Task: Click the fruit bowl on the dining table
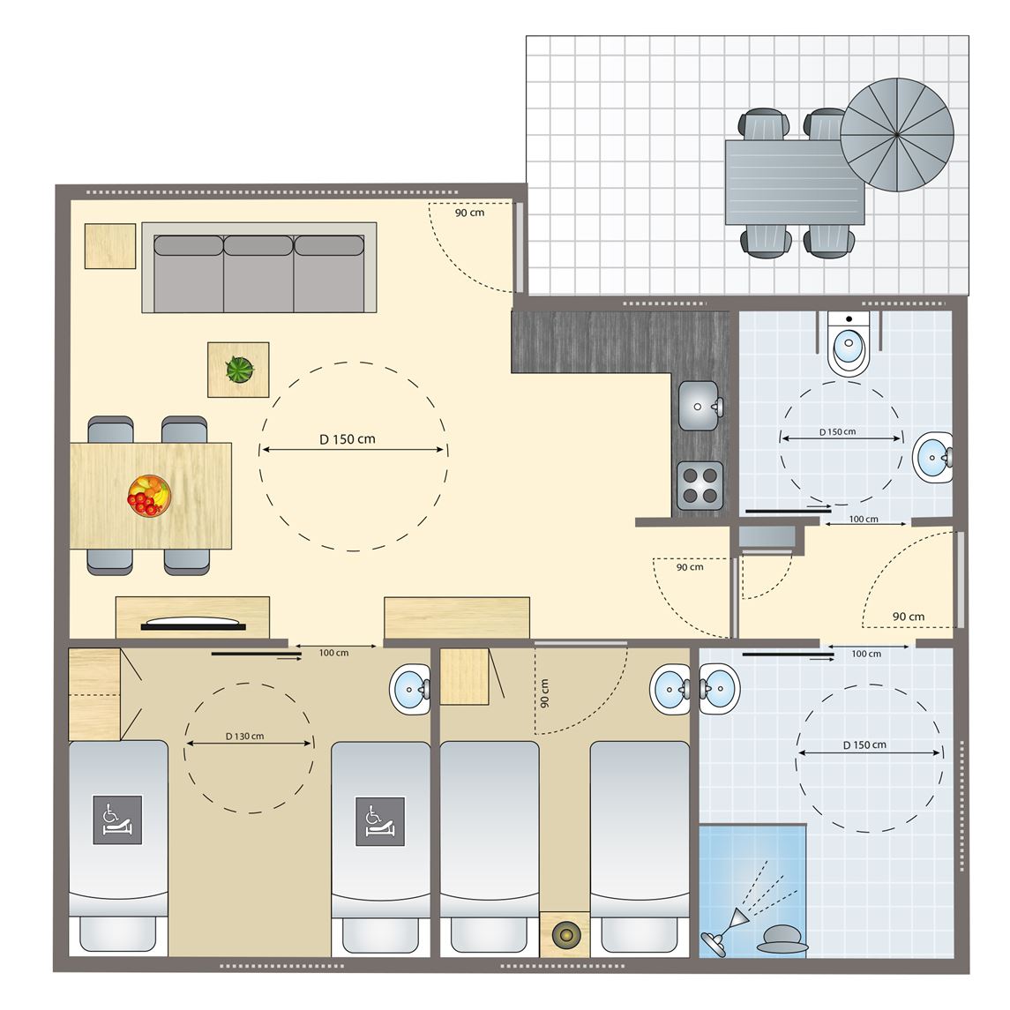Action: [x=149, y=495]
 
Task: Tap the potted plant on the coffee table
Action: [x=240, y=370]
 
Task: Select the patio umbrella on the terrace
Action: [x=896, y=135]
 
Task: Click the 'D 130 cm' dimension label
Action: [x=244, y=737]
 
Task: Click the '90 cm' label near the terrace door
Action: [x=469, y=213]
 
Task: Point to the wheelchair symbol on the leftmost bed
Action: [x=117, y=820]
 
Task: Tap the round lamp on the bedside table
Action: [x=565, y=934]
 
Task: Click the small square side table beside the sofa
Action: [x=110, y=246]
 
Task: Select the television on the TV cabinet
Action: [x=192, y=623]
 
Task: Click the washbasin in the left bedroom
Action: [x=410, y=689]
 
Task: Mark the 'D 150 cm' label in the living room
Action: [x=348, y=439]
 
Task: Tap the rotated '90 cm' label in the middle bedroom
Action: [x=545, y=693]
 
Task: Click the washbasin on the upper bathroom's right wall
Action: [x=933, y=457]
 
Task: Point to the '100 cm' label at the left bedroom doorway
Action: [x=333, y=653]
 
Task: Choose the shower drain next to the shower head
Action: [x=782, y=939]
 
